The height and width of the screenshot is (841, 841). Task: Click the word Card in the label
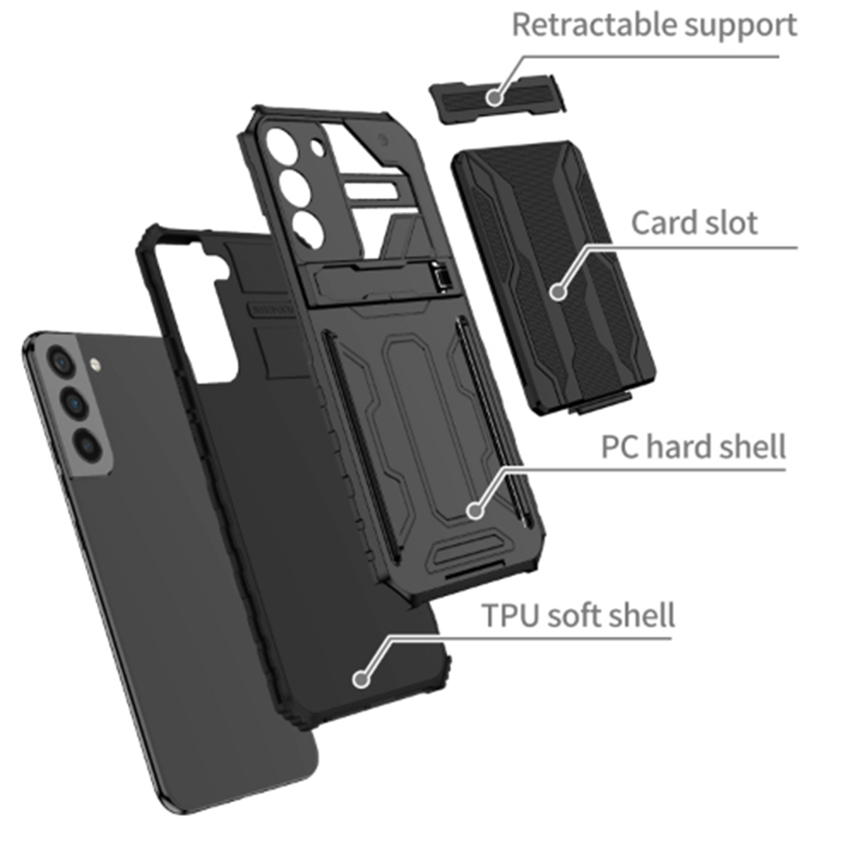[662, 223]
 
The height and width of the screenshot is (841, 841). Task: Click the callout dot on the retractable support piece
[494, 98]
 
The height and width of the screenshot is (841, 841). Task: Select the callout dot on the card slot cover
[558, 292]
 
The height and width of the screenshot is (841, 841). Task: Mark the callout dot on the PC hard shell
[475, 509]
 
